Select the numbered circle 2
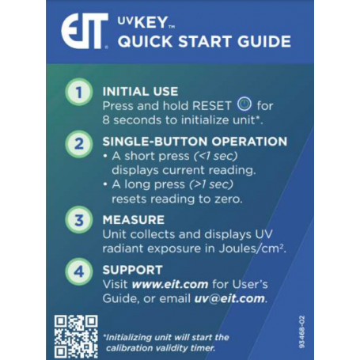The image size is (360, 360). click(x=78, y=145)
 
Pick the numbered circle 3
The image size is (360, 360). click(x=78, y=219)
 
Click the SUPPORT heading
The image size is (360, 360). click(x=133, y=270)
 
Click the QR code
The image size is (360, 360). click(x=76, y=335)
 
